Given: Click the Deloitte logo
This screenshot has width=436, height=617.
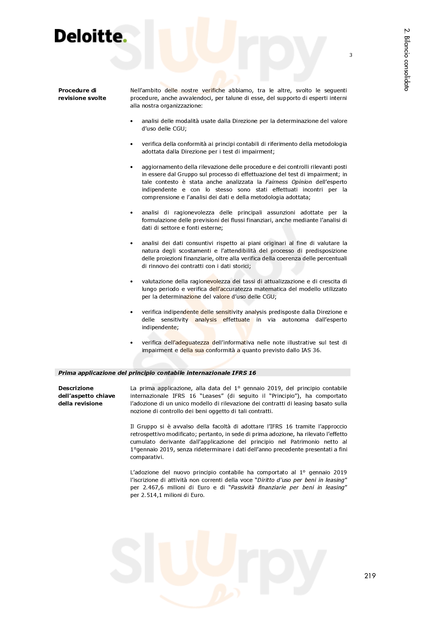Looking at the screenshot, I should (x=90, y=36).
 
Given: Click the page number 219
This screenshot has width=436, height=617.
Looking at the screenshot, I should (x=370, y=576).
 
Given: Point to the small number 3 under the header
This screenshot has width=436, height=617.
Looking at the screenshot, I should (x=351, y=55).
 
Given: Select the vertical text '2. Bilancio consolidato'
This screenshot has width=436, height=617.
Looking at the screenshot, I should (x=406, y=60).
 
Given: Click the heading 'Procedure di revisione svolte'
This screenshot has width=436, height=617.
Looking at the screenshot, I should (x=82, y=94).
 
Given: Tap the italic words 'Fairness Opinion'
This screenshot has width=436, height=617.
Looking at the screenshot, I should (x=289, y=182).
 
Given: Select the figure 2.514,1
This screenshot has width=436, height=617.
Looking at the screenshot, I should (x=152, y=495).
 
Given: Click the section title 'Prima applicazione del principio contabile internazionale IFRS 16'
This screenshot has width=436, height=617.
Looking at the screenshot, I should (x=157, y=373).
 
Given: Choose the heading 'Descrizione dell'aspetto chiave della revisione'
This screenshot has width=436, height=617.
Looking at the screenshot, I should (x=86, y=396).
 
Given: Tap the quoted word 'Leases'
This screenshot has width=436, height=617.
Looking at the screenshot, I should (x=213, y=396).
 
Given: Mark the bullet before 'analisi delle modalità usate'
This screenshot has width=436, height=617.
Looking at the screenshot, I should (x=132, y=121).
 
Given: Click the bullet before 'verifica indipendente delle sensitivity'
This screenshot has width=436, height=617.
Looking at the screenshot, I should (x=132, y=312).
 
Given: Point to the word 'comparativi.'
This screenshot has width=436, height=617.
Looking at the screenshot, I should (x=147, y=457).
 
